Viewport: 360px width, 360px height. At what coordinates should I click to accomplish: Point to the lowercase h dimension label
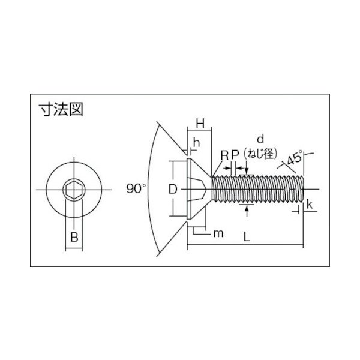[x=196, y=145]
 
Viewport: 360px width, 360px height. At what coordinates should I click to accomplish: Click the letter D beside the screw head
[x=172, y=189]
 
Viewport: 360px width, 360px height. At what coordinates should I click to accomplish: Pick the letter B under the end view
[x=74, y=236]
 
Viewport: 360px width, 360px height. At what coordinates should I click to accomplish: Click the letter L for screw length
[x=247, y=236]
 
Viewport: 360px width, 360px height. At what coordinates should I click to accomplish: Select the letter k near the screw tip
[x=309, y=205]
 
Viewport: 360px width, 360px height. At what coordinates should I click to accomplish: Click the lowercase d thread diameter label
[x=260, y=138]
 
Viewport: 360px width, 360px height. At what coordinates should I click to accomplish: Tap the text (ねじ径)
[x=260, y=152]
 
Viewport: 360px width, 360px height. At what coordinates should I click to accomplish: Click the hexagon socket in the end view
[x=74, y=190]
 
